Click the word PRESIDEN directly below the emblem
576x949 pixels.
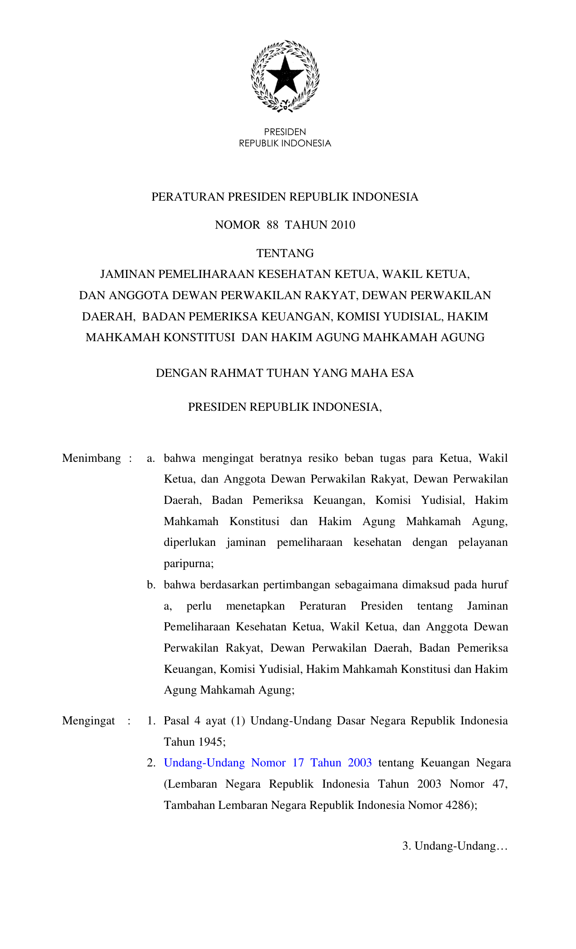[x=285, y=132]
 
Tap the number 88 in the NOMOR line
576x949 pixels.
[x=272, y=225]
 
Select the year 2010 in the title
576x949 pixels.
[x=343, y=225]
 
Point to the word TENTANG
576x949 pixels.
[x=285, y=254]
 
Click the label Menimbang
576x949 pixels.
[x=92, y=458]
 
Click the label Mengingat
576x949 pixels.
[x=89, y=721]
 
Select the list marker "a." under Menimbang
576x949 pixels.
[x=151, y=458]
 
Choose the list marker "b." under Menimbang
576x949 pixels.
[x=151, y=585]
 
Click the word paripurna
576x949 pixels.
[x=188, y=564]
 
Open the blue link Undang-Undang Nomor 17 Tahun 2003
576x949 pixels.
[x=268, y=763]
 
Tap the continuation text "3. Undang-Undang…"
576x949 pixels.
[x=455, y=846]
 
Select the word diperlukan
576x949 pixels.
[x=190, y=542]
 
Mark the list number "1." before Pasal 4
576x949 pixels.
[x=151, y=721]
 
